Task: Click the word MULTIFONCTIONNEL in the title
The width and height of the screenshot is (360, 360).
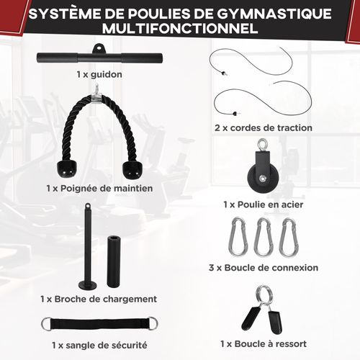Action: (x=180, y=30)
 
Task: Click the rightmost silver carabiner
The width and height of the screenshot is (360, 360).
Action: (x=288, y=237)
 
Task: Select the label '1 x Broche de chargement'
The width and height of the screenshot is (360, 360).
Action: (x=99, y=298)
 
